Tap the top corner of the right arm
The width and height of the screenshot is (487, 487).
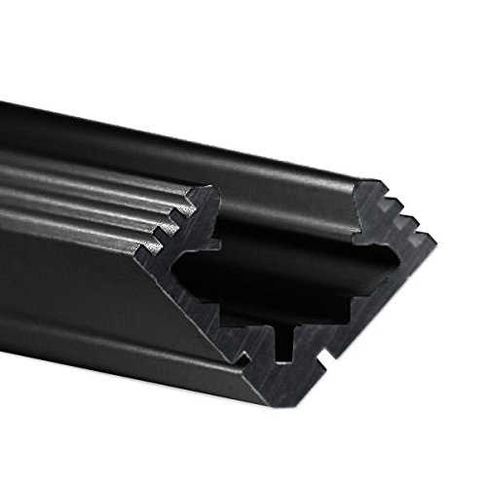tap(374, 179)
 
